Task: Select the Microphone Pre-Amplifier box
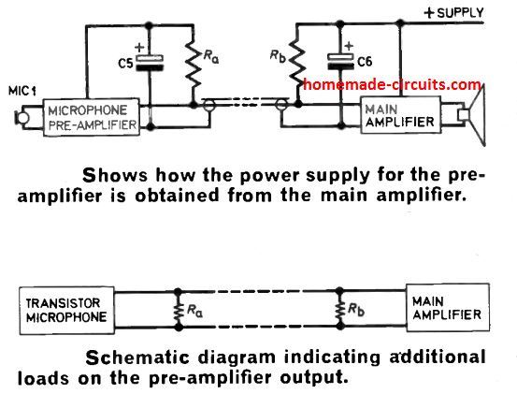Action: point(92,119)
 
